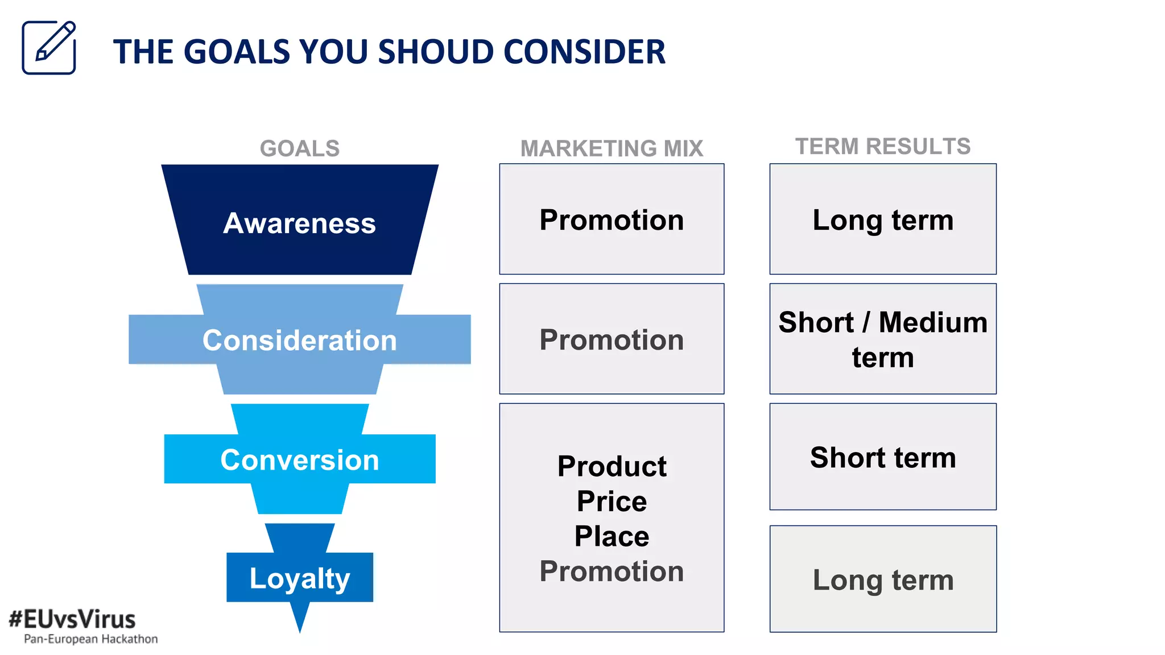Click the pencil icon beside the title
tap(49, 48)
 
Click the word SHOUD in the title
tap(436, 52)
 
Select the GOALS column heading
tap(300, 148)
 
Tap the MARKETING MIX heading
tap(612, 148)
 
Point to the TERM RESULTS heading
tap(882, 147)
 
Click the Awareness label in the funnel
tap(300, 223)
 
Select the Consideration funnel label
tap(300, 340)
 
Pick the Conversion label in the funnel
tap(300, 459)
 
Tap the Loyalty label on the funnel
tap(300, 579)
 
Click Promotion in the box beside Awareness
tap(612, 220)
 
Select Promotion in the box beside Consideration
tap(612, 340)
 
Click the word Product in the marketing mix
tap(612, 466)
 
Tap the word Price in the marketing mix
tap(612, 501)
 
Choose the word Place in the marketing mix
tap(612, 536)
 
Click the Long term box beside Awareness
tap(882, 220)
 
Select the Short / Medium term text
tap(882, 339)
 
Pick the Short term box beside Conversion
tap(882, 457)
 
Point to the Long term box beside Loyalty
tap(882, 580)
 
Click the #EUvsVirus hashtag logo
tap(72, 619)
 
